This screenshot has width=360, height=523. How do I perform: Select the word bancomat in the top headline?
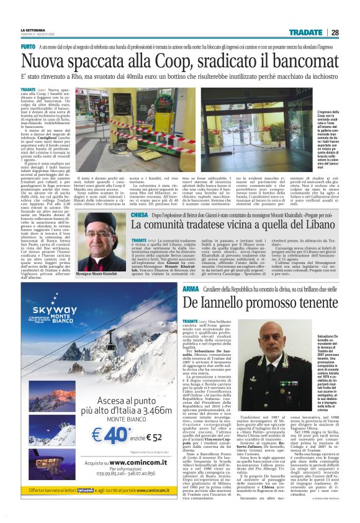[x=298, y=62]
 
